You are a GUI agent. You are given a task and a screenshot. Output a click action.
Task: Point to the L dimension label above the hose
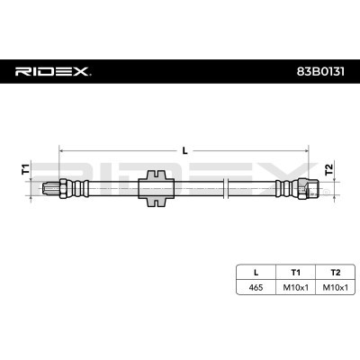(x=185, y=151)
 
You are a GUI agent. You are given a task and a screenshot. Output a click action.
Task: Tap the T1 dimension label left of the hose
(x=25, y=168)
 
